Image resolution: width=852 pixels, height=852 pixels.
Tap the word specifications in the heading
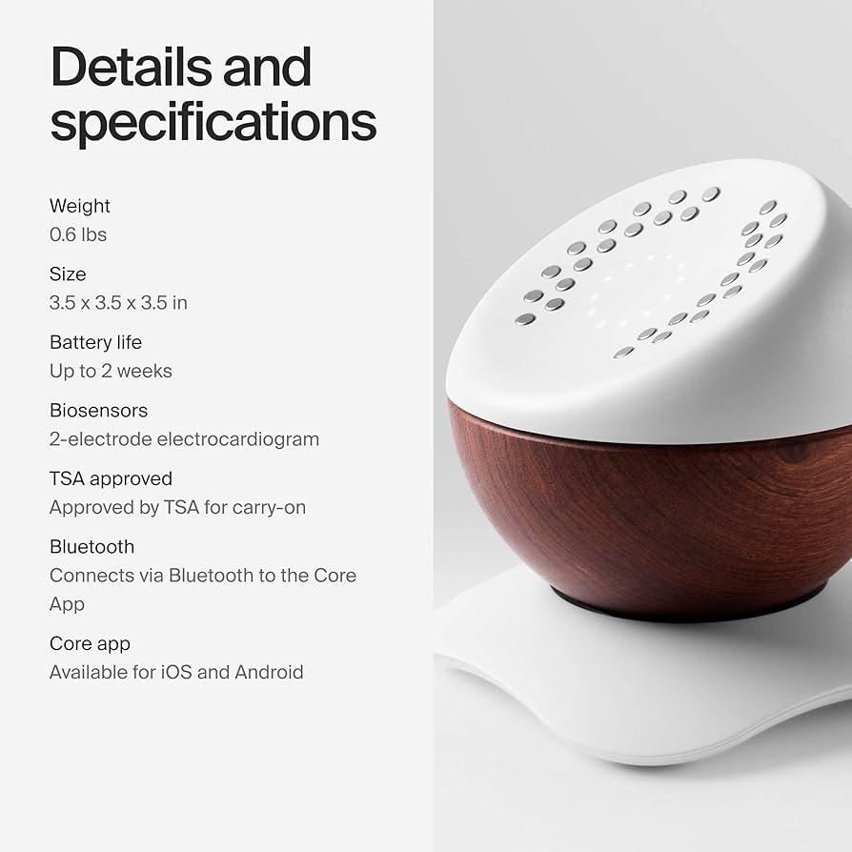213,122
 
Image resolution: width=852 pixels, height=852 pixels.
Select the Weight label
80,206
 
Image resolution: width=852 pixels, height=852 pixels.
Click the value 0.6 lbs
78,234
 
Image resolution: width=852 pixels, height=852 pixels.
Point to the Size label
68,274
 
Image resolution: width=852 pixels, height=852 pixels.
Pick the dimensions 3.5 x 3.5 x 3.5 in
118,303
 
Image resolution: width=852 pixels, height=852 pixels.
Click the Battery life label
95,342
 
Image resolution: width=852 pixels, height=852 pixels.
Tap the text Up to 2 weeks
111,371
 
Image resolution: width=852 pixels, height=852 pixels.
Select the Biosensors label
98,411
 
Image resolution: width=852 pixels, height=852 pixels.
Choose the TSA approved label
111,478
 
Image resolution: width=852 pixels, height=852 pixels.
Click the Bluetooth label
91,547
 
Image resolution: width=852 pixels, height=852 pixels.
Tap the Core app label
90,644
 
